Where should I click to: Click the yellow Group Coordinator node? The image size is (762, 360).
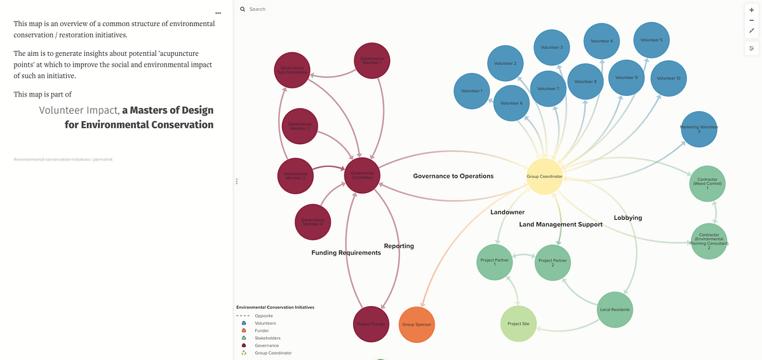545,176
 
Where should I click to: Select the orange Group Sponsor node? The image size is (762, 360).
417,324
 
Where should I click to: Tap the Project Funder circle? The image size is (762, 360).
370,324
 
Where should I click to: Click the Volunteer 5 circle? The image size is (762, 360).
652,40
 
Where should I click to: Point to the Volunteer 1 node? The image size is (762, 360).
472,91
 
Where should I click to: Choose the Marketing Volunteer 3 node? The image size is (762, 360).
699,129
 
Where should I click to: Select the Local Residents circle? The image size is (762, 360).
615,310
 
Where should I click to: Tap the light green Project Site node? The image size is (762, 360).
518,324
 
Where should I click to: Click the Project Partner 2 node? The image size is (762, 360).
552,263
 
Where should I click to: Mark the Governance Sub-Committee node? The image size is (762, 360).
291,70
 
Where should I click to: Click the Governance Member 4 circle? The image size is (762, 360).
312,223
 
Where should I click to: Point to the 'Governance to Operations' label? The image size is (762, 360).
453,176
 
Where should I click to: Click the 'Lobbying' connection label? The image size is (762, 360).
627,218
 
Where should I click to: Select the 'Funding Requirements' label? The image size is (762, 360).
346,253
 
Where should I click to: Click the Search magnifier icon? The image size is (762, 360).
243,10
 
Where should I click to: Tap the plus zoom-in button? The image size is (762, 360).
752,10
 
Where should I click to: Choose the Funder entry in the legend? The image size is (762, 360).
262,330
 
